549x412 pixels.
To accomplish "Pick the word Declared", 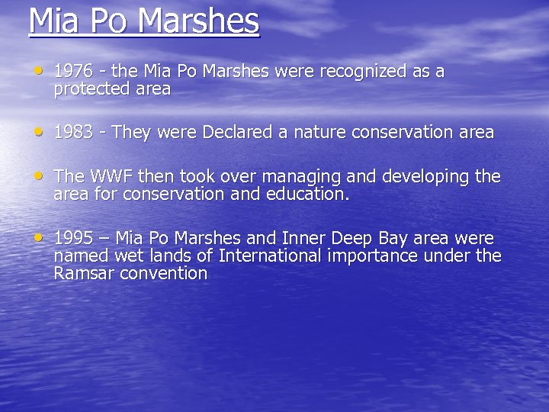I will point(236,133).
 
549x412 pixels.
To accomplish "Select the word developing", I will point(425,177).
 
